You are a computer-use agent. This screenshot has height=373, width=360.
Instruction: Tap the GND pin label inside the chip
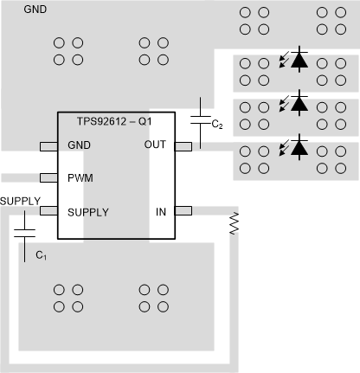point(79,145)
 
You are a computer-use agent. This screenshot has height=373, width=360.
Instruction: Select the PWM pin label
point(80,178)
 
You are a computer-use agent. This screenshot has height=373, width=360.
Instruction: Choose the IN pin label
point(160,211)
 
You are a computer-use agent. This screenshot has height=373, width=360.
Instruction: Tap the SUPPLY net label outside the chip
point(21,200)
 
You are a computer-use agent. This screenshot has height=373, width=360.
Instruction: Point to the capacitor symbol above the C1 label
point(25,231)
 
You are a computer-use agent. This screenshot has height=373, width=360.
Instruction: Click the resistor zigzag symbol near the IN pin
point(233,225)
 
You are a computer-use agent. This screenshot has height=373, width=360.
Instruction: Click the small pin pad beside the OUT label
point(183,145)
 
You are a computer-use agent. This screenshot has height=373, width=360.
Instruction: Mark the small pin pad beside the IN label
point(183,211)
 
